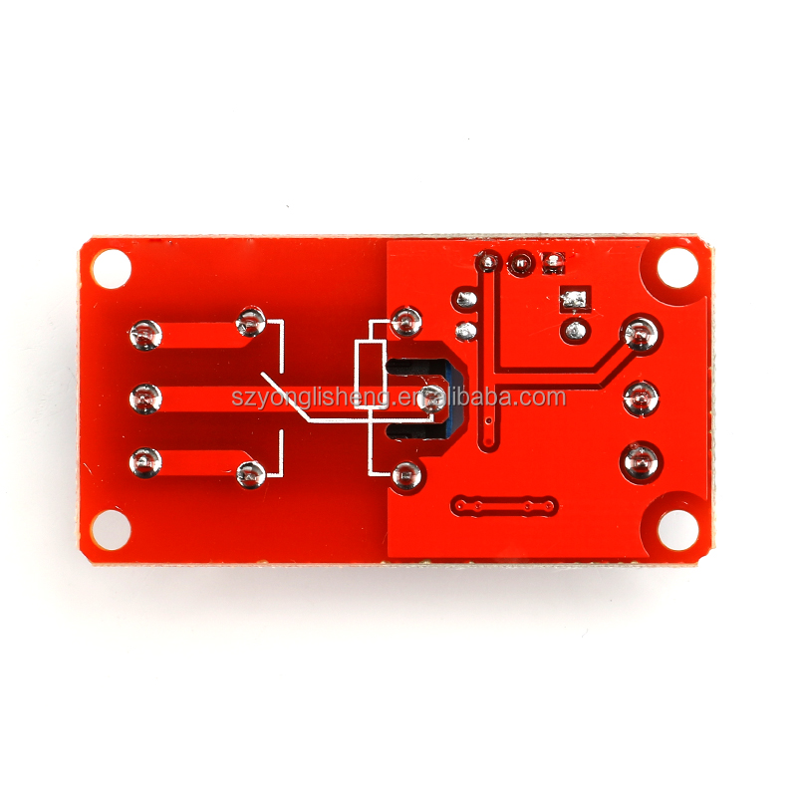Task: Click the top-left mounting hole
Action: (111, 268)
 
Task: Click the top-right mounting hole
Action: (677, 268)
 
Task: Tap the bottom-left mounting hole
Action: (111, 530)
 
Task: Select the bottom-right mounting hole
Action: (677, 530)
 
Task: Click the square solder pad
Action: (576, 300)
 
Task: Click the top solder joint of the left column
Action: (145, 336)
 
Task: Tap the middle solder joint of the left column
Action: (145, 398)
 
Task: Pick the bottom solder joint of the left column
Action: (145, 462)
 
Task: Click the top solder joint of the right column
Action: (641, 334)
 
